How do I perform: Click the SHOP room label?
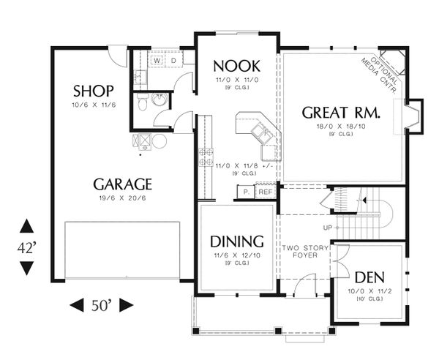pos(94,91)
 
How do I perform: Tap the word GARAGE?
pos(122,184)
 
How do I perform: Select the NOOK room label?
pos(236,63)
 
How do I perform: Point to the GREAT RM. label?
pos(340,113)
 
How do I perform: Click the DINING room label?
pos(236,241)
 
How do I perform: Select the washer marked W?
pos(157,61)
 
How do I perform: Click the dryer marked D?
pos(173,61)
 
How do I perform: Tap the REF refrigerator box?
pos(264,192)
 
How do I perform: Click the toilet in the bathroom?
pos(143,104)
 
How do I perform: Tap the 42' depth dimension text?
pos(26,247)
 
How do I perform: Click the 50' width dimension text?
pos(102,304)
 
